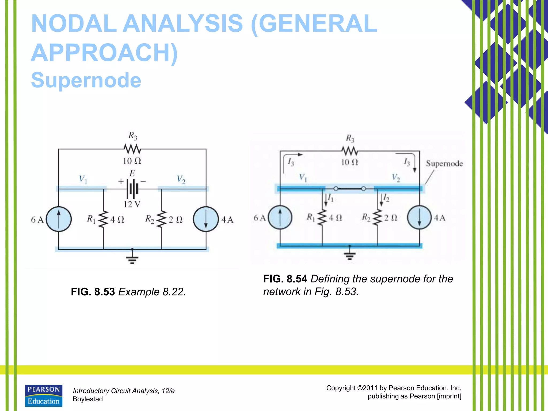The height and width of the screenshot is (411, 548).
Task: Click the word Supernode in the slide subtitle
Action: pos(86,80)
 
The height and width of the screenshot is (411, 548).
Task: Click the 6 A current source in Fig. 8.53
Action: pos(59,219)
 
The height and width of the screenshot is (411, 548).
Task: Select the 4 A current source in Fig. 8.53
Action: pos(206,219)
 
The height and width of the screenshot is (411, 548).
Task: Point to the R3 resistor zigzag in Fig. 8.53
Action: pos(132,149)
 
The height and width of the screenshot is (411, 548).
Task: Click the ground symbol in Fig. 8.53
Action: pos(132,258)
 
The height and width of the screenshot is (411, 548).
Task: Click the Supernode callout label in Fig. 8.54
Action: pos(444,163)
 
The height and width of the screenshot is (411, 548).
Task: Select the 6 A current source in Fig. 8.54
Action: pos(280,217)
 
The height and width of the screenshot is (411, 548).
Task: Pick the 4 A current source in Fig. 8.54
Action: pos(419,217)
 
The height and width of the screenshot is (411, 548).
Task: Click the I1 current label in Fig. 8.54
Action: pos(331,198)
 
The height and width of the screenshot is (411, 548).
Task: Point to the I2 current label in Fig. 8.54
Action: pos(386,198)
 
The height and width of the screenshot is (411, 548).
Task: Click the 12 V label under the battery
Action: pos(132,204)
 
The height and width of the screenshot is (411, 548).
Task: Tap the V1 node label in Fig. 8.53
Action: pos(83,179)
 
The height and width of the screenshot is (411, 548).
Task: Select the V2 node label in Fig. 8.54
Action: pos(396,177)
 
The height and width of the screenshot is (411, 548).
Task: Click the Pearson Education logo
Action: pos(44,396)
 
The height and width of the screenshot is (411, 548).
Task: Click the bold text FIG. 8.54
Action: pos(285,279)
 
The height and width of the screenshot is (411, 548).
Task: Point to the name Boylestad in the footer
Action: pos(88,399)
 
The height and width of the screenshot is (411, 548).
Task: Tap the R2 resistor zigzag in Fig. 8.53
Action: pos(161,219)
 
